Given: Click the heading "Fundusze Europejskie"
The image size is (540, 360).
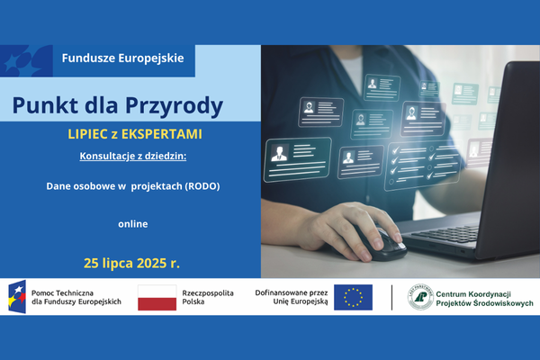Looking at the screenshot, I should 122,58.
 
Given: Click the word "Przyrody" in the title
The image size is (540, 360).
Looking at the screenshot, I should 181,105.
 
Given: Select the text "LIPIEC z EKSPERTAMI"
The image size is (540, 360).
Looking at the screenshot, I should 128,134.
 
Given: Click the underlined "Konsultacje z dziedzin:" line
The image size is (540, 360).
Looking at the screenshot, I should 131,157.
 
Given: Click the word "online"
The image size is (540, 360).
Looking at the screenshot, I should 132,223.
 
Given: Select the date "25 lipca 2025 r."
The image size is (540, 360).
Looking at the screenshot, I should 131,264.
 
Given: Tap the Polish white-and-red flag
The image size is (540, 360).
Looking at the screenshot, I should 157,298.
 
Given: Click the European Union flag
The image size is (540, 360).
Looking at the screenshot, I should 353,298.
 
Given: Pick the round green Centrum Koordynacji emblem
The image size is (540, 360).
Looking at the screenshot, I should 420,298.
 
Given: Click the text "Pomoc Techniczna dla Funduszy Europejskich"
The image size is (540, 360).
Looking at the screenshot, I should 76,298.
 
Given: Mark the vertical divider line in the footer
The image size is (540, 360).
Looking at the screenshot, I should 391,298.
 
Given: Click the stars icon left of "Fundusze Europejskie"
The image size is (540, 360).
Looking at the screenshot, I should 25,61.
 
